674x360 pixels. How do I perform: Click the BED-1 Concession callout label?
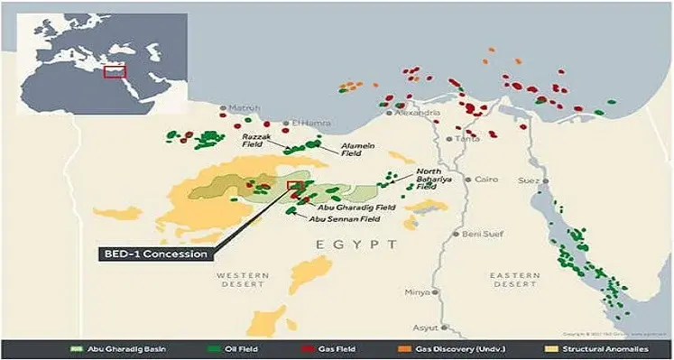[x=153, y=254]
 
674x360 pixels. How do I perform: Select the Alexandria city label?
[x=417, y=113]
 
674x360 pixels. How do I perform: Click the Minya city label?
[x=417, y=292]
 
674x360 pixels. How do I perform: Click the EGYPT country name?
[x=356, y=245]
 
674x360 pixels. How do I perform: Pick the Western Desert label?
[x=240, y=280]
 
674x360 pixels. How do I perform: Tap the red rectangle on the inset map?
[x=115, y=70]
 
